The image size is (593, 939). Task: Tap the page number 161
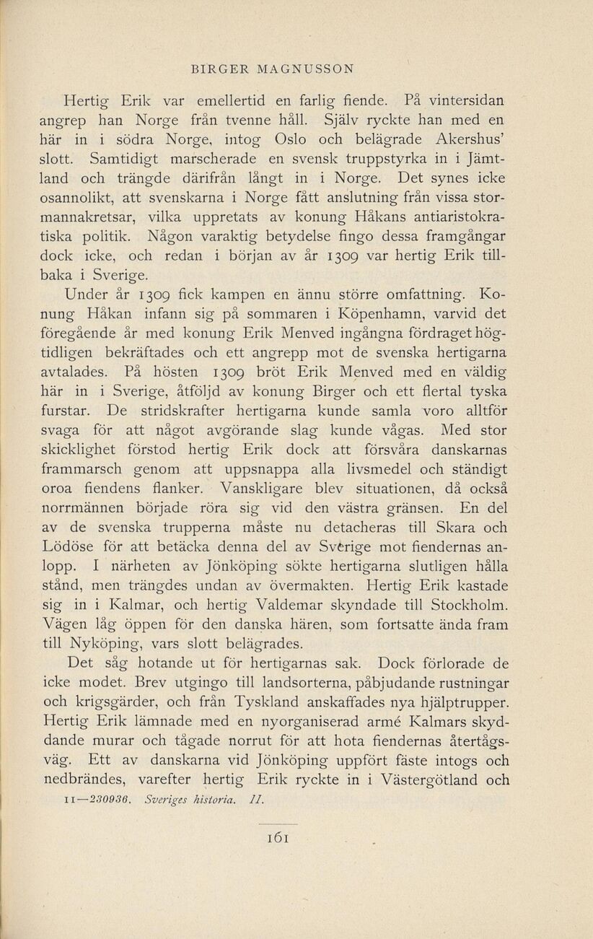click(278, 836)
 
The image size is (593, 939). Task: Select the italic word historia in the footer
click(211, 800)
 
